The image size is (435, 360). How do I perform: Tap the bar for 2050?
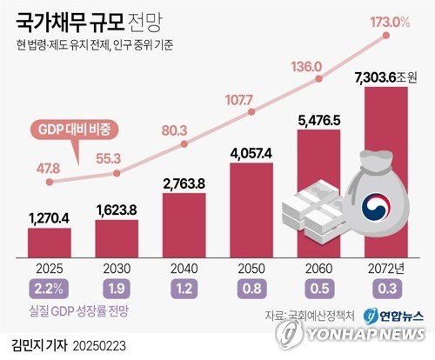(252, 209)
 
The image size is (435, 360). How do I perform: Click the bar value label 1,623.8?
(117, 210)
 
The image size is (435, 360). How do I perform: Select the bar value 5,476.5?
(319, 119)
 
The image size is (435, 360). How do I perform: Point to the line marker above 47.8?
(49, 183)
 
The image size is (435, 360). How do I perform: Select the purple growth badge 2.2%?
(49, 286)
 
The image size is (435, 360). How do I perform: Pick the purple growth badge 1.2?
(184, 286)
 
